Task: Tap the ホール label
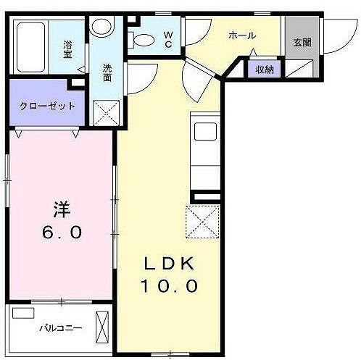click(x=241, y=35)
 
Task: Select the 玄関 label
click(x=302, y=43)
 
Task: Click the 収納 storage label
click(x=264, y=70)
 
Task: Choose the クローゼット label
click(x=42, y=104)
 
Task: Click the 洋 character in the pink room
click(x=61, y=208)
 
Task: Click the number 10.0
click(x=169, y=285)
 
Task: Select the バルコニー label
click(x=60, y=327)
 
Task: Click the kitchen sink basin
click(x=204, y=133)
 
